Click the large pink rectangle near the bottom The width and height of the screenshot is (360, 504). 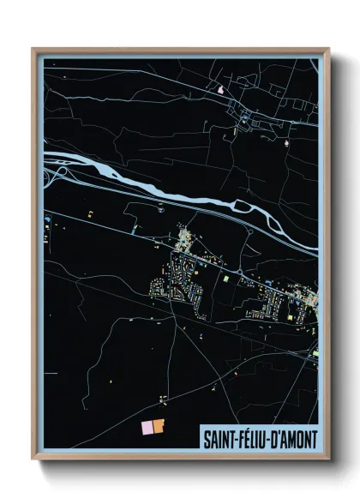(147, 427)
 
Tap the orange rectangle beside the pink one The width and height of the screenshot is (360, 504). (159, 427)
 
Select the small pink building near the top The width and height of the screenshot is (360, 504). (220, 87)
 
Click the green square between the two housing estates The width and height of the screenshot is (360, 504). (225, 279)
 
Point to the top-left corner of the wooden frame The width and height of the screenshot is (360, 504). (33, 49)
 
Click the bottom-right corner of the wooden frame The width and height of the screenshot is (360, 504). (328, 460)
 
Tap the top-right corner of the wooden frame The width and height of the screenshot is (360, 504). (328, 49)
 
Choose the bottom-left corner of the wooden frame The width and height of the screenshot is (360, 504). (33, 460)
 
